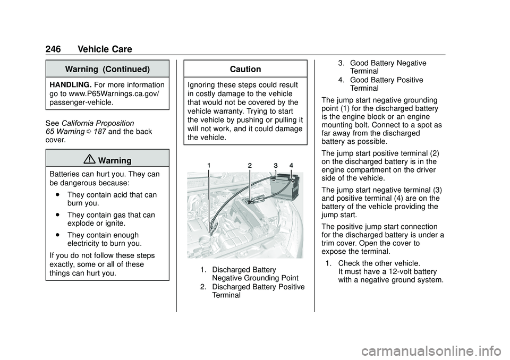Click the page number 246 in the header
(53, 49)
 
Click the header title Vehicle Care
(105, 49)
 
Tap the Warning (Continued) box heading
(107, 70)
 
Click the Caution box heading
(245, 70)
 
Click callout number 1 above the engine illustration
(209, 166)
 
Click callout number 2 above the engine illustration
(249, 166)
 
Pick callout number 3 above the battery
(276, 166)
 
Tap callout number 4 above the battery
(291, 166)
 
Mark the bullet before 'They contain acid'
(56, 195)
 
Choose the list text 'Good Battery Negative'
(388, 63)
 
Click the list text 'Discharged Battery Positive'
(258, 287)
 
